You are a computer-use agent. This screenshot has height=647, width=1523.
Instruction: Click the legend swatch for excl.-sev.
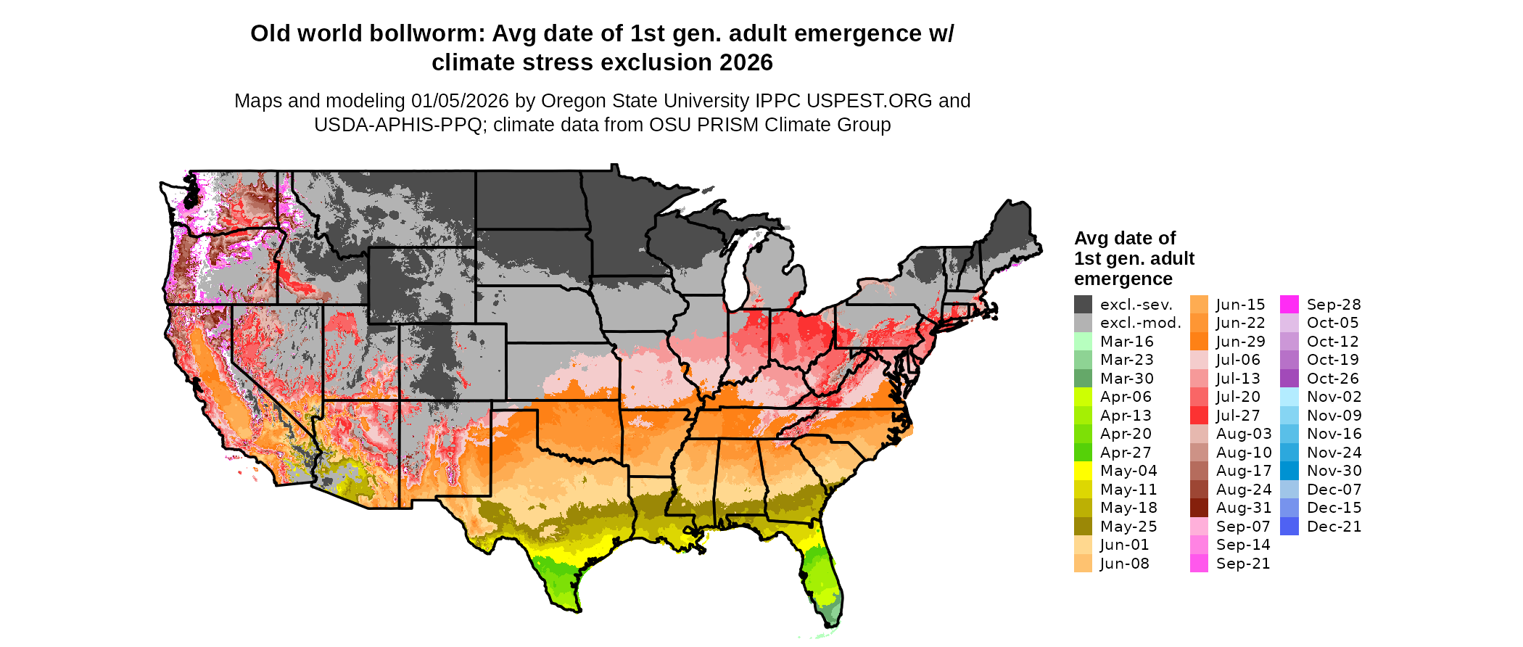click(1083, 305)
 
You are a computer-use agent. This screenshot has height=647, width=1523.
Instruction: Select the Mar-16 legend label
click(1126, 342)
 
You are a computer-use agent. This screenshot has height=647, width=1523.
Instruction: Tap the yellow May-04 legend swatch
click(1083, 471)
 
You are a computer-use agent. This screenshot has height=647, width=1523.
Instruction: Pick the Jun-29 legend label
click(1240, 342)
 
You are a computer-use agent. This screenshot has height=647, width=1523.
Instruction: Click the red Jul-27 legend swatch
click(1199, 416)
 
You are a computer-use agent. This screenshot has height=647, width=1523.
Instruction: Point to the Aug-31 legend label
click(1243, 508)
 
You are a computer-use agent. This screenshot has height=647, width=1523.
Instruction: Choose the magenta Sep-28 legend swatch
click(1289, 305)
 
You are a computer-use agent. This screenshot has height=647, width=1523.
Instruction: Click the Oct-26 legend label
click(1332, 379)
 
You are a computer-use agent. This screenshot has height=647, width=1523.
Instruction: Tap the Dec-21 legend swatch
click(1289, 527)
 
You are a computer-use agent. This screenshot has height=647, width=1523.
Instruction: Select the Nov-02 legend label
click(1334, 397)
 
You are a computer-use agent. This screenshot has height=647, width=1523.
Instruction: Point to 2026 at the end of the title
click(746, 63)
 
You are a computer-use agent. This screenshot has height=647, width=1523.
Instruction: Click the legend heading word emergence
click(1123, 279)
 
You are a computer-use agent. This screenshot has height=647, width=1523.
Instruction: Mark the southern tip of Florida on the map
click(833, 625)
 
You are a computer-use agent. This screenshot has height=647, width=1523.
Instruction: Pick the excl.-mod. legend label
click(1140, 323)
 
